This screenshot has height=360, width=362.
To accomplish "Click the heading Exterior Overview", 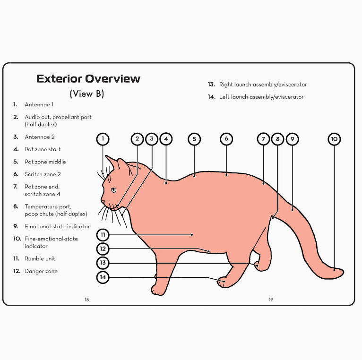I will click(x=88, y=78).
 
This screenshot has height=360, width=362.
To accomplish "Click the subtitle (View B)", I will click(x=87, y=94).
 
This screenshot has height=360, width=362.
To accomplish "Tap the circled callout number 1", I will click(x=103, y=139).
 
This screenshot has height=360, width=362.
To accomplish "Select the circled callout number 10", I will click(x=334, y=139).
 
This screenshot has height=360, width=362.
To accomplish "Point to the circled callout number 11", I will click(x=103, y=235).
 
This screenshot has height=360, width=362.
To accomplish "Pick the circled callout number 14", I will click(x=103, y=277).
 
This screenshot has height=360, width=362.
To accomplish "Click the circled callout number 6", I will click(x=226, y=139).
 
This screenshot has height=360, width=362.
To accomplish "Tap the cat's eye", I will click(x=113, y=190).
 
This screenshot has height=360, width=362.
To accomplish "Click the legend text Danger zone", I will click(x=41, y=271).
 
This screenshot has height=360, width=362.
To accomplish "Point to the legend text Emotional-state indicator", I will click(x=57, y=226).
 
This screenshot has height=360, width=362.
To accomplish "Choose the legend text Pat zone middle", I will click(x=45, y=162).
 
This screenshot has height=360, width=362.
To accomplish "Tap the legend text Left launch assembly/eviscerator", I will click(x=261, y=97).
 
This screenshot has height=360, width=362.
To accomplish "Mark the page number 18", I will click(x=87, y=300).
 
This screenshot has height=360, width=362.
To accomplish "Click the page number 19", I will click(x=271, y=300).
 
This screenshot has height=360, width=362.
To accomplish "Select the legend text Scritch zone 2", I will click(x=43, y=174).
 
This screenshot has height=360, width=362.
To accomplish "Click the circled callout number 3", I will click(x=152, y=139).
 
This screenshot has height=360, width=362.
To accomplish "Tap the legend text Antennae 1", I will click(x=39, y=104).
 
